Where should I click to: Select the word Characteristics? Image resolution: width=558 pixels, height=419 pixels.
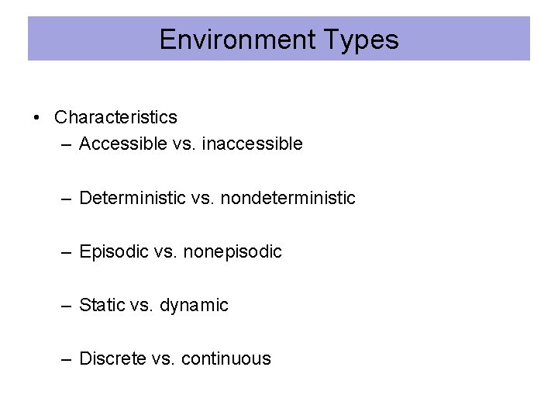[x=115, y=117]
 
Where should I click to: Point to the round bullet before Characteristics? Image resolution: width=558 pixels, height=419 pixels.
[x=36, y=118]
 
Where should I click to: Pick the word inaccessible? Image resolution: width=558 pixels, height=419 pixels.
[x=252, y=144]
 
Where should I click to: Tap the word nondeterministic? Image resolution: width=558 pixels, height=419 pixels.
[x=288, y=198]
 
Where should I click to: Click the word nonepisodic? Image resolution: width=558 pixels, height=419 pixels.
[x=232, y=251]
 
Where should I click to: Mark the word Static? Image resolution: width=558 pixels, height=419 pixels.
[x=102, y=305]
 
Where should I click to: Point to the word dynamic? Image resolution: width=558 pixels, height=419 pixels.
[x=194, y=305]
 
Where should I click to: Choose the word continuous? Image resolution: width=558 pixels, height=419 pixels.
[x=226, y=358]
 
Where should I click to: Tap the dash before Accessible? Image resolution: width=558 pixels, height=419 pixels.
[x=68, y=144]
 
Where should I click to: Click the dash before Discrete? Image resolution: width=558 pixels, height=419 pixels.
[x=68, y=359]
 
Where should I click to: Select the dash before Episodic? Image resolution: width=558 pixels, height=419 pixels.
[x=68, y=252]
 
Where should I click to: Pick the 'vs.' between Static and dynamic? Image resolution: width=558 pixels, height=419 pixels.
[x=142, y=305]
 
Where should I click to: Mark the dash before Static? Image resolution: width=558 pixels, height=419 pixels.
[x=68, y=306]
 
